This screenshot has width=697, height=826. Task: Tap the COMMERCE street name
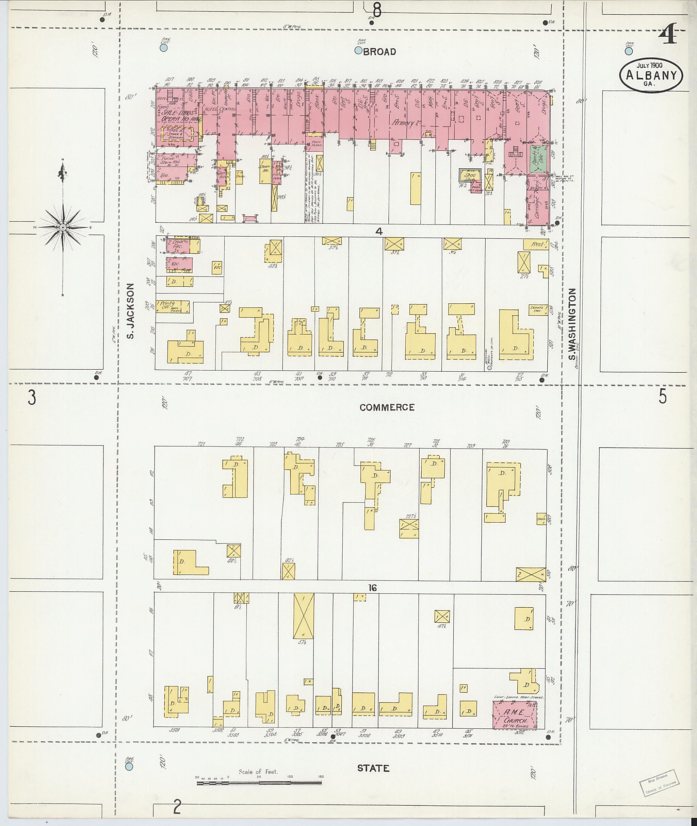(387, 407)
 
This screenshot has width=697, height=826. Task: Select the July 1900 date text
(649, 64)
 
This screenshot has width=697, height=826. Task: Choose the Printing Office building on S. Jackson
(172, 307)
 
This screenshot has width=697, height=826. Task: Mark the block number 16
(372, 588)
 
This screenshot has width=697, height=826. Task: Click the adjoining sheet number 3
(32, 397)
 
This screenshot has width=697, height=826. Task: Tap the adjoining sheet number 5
(663, 397)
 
